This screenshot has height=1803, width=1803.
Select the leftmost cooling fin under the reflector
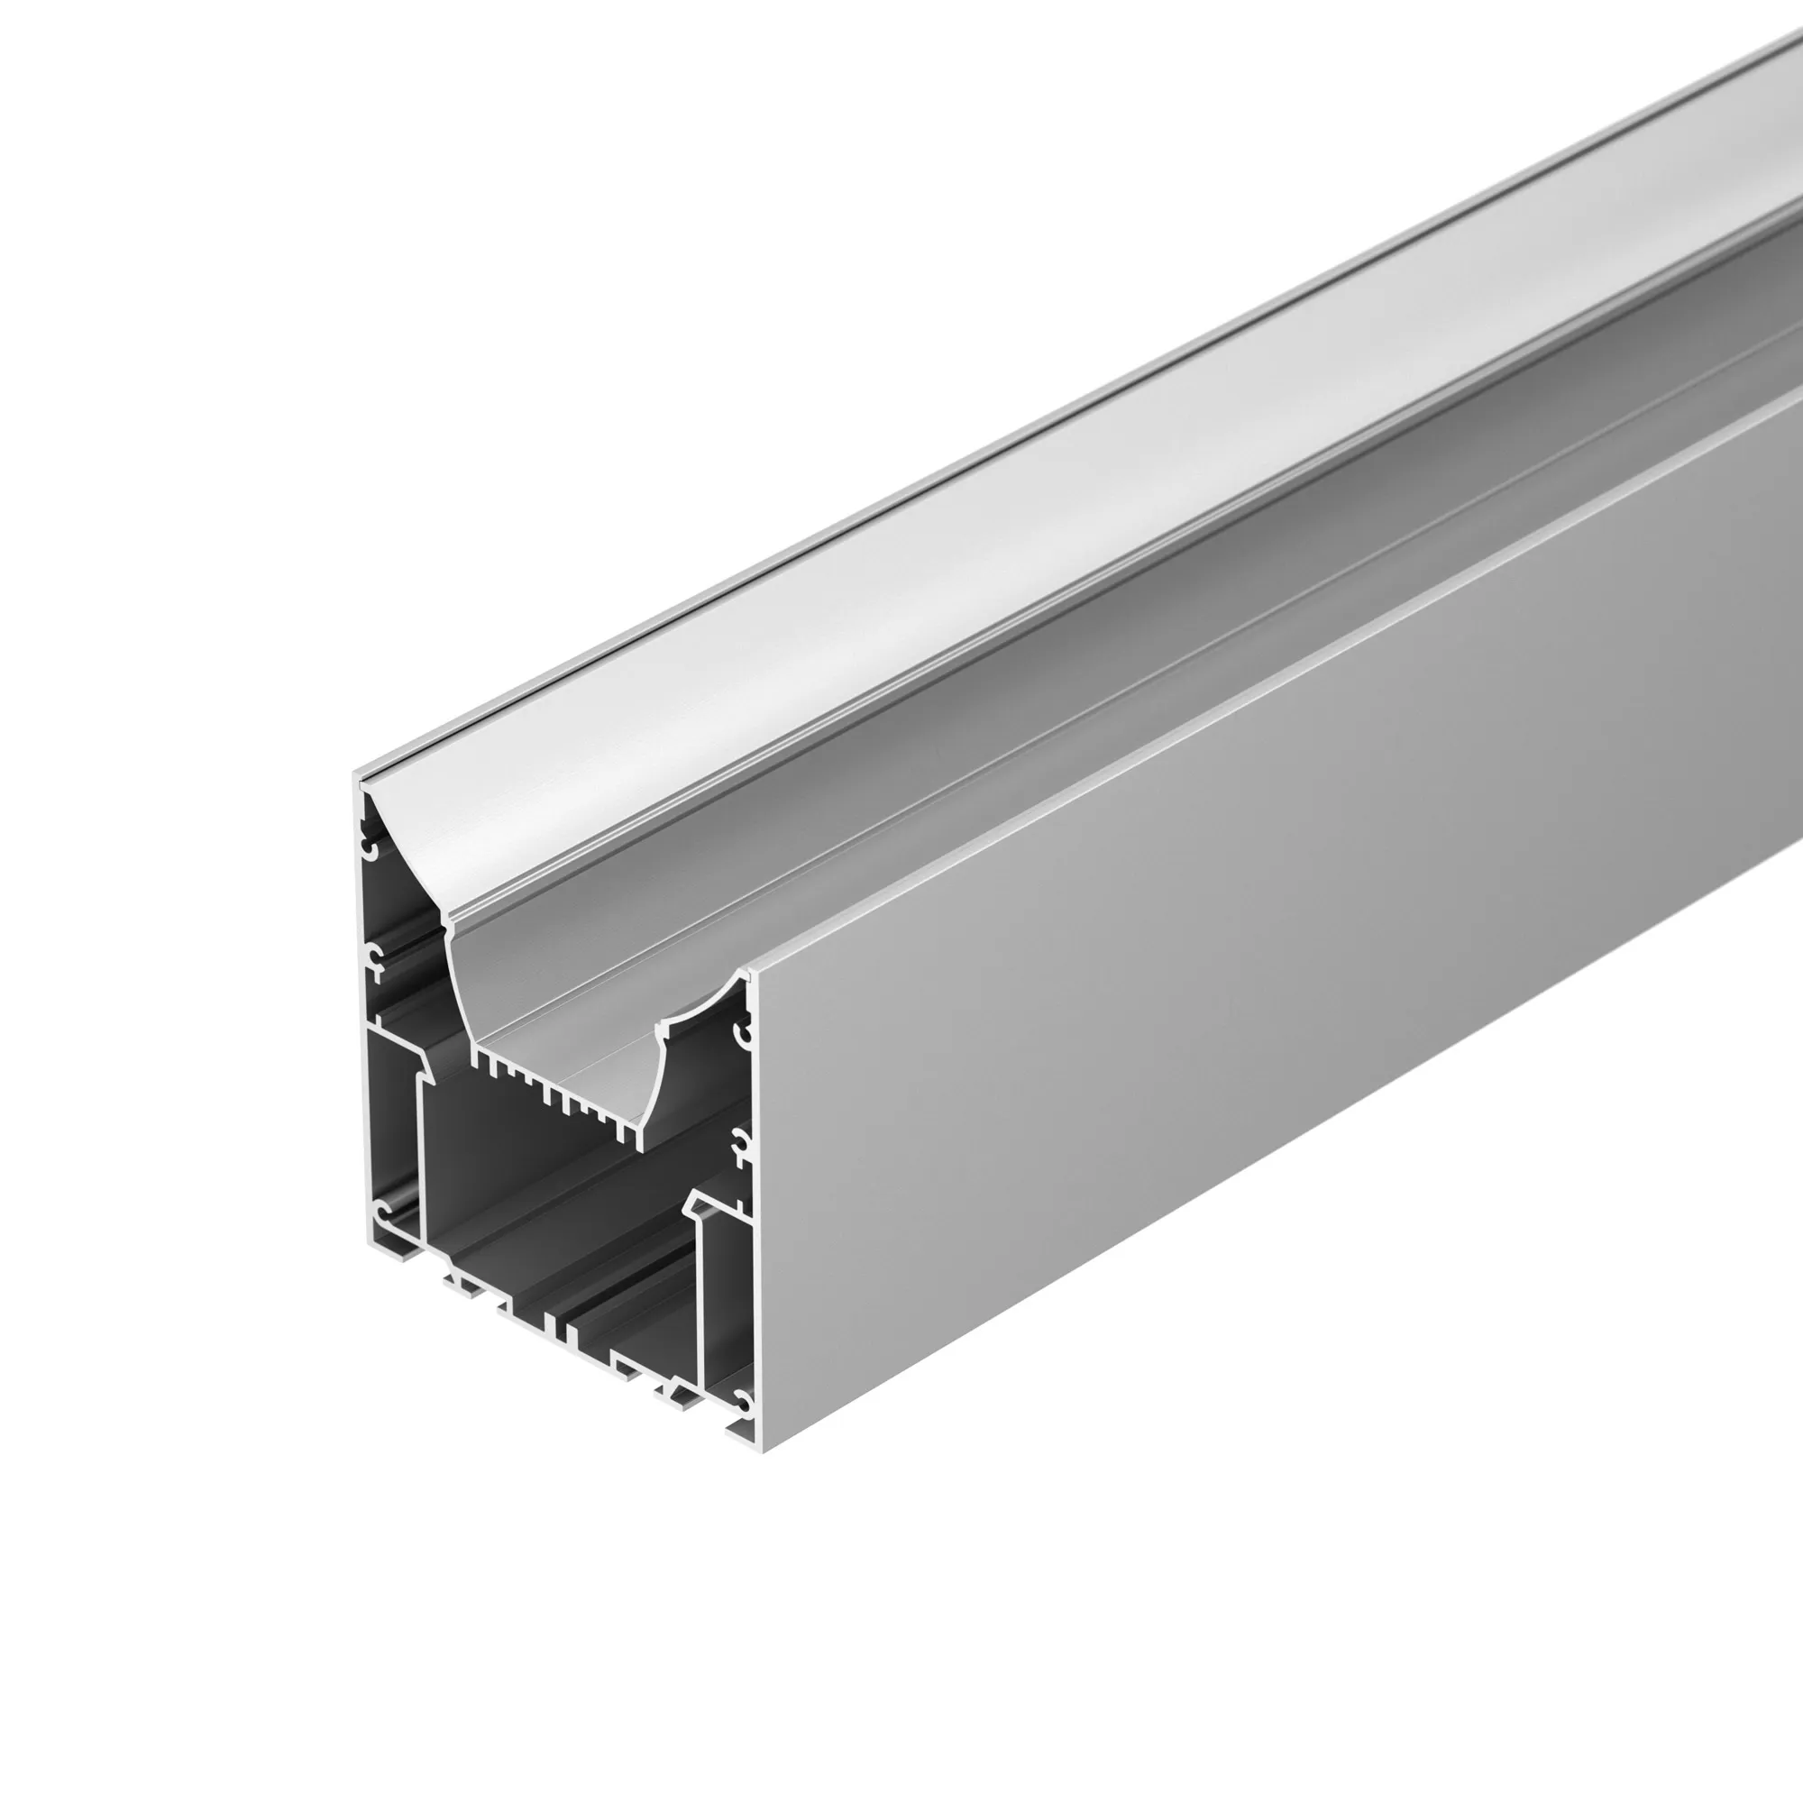[x=476, y=1060]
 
